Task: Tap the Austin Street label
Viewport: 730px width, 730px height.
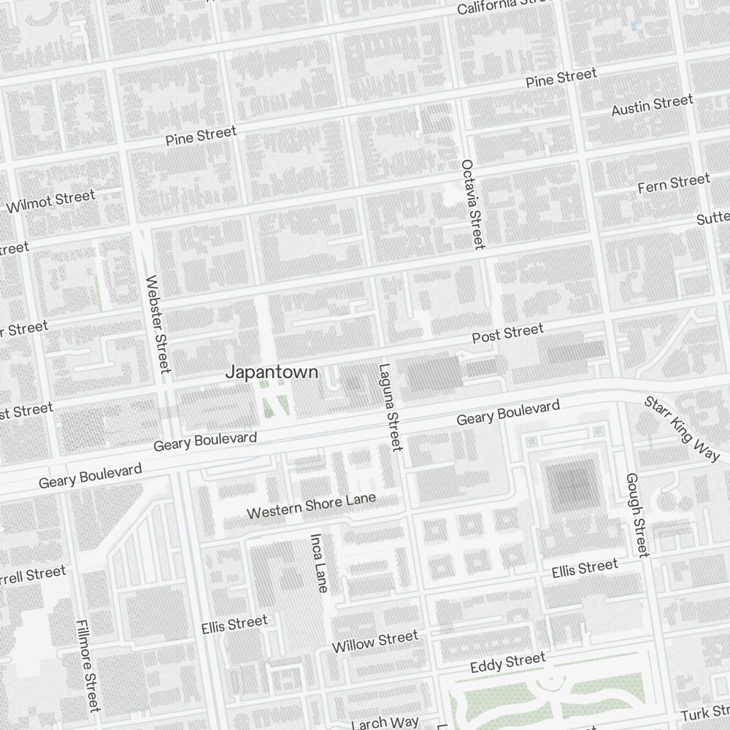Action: coord(651,105)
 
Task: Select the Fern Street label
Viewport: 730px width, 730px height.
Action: coord(673,182)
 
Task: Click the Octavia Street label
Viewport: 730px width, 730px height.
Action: coord(472,204)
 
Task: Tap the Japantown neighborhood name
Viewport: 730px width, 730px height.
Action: coord(272,372)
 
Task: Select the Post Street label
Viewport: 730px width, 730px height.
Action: coord(507,334)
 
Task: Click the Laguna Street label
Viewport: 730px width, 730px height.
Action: coord(391,407)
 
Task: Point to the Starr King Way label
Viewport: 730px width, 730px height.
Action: coord(681,429)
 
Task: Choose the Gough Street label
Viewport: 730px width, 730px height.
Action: coord(637,515)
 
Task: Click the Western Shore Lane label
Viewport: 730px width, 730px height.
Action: coord(311,506)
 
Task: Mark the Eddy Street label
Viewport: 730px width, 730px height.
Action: coord(507,663)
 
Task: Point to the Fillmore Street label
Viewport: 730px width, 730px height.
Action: coord(87,665)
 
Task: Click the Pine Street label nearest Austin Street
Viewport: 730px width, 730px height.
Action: coord(561,78)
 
